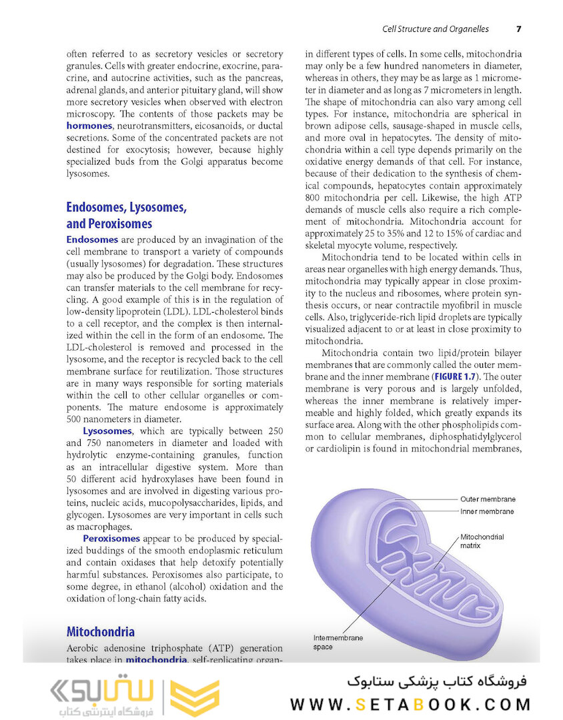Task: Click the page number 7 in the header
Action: coord(519,29)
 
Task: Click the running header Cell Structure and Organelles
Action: coord(435,29)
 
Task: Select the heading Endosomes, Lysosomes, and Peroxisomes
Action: coord(126,215)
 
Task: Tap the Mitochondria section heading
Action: coord(100,631)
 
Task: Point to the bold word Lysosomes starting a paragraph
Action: coord(107,431)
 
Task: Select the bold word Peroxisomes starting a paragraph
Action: coord(111,539)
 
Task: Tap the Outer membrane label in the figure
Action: coord(487,499)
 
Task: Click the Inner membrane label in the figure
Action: coord(487,511)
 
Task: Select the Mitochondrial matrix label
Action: coord(482,541)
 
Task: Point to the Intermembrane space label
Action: coord(338,642)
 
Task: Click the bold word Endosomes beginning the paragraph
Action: coord(92,239)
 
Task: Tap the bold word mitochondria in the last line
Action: coord(156,660)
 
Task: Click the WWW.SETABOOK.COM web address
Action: coord(410,705)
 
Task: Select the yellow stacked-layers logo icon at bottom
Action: coord(194,698)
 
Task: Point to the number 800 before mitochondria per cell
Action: coord(313,198)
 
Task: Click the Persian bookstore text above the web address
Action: coord(437,681)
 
